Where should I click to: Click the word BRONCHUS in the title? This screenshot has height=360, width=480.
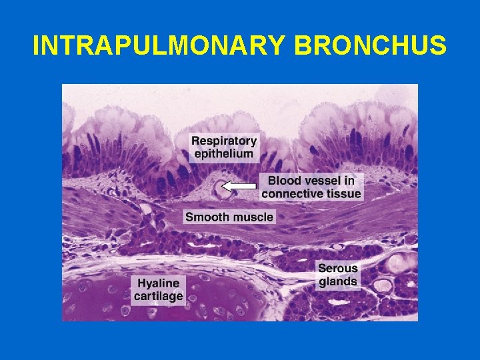(x=371, y=45)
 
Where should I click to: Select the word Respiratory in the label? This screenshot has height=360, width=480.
(x=223, y=141)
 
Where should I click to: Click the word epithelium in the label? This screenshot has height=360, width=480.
(x=223, y=153)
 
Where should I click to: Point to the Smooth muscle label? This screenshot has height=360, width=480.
(x=229, y=217)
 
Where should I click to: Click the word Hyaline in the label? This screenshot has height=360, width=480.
(x=158, y=283)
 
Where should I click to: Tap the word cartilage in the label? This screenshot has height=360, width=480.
(x=158, y=296)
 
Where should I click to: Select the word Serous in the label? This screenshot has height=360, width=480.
(x=338, y=268)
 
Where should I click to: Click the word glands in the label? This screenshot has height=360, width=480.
(x=338, y=281)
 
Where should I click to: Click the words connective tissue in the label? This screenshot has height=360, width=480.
(x=311, y=193)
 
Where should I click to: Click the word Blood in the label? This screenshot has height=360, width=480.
(x=283, y=180)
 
